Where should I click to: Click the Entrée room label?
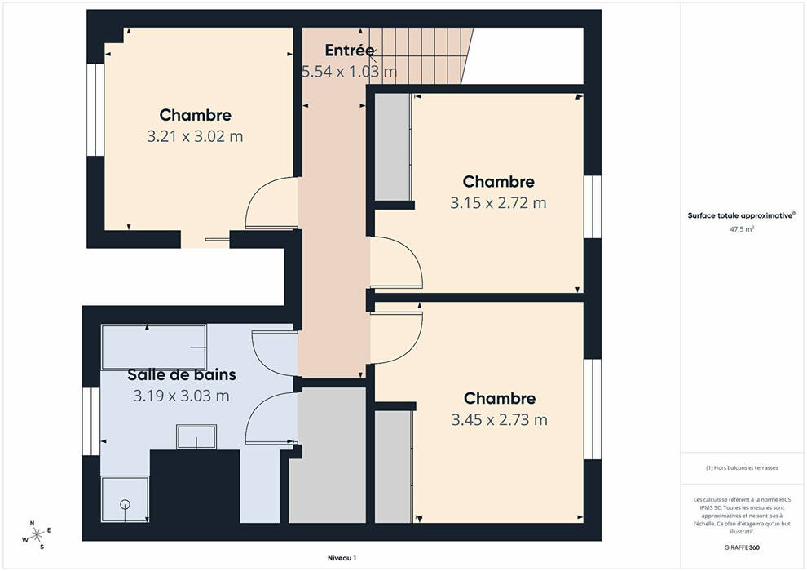[350, 51]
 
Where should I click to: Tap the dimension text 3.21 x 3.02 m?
[195, 136]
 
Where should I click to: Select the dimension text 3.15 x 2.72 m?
[498, 203]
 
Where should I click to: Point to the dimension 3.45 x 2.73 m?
[499, 420]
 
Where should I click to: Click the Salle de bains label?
[182, 374]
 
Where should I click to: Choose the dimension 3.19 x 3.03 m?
[181, 396]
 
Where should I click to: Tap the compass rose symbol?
[37, 535]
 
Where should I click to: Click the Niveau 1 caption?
[342, 558]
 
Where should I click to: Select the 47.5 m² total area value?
[742, 229]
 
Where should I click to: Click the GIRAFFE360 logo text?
[742, 547]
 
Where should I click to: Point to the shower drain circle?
[125, 504]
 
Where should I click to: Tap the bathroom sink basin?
[196, 437]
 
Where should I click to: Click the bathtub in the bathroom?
[154, 347]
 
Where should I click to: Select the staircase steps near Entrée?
[421, 55]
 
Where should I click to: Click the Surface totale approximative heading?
[742, 215]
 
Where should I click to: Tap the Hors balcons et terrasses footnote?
[742, 468]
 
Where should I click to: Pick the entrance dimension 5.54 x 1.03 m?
[350, 72]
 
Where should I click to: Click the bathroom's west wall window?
[91, 422]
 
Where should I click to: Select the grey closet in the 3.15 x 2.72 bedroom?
[392, 148]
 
